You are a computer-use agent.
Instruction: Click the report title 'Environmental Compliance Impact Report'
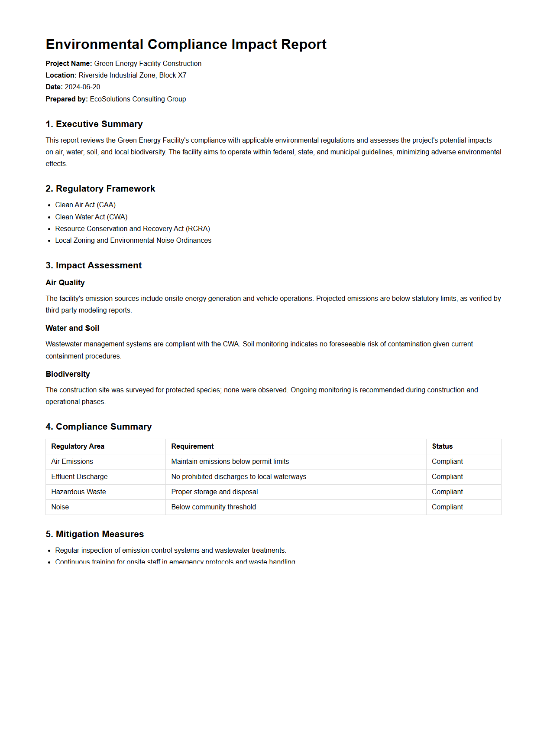tap(186, 45)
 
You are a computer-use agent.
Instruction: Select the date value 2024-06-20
tap(82, 87)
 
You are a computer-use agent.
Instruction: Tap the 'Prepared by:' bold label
tap(67, 99)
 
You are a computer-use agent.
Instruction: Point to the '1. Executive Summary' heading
tap(94, 124)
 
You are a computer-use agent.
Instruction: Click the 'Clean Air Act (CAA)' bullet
tap(85, 205)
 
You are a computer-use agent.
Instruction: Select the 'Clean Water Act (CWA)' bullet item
tap(91, 217)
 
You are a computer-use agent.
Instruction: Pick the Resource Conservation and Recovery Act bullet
tap(133, 229)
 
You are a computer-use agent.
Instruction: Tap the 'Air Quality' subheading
tap(65, 283)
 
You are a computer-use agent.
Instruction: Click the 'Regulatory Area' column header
tap(78, 447)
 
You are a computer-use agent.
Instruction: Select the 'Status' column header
tap(442, 447)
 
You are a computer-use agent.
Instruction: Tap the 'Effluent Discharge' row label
tap(79, 477)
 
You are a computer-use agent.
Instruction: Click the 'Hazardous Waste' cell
tap(78, 492)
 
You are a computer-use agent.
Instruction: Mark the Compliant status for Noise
tap(447, 507)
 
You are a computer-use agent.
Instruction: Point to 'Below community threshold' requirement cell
tap(214, 507)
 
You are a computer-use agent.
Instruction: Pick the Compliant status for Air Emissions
tap(447, 462)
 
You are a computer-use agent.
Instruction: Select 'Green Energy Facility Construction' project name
tap(148, 64)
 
